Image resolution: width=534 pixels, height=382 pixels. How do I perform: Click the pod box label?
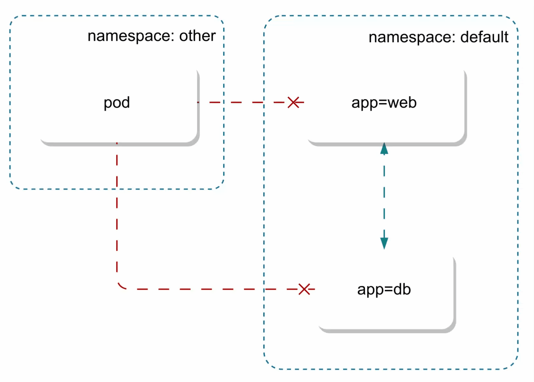[116, 103]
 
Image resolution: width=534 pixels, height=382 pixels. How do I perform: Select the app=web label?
[384, 103]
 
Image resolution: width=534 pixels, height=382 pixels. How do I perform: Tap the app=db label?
[384, 290]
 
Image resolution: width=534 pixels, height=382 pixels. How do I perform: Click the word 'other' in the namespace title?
[197, 36]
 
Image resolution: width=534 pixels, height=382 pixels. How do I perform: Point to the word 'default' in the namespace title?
[484, 37]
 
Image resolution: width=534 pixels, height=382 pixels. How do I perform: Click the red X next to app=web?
[293, 102]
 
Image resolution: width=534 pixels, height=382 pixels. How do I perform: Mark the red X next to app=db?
[304, 289]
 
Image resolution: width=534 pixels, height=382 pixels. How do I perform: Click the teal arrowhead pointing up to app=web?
[384, 149]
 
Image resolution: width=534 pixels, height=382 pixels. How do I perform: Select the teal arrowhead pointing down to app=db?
[384, 243]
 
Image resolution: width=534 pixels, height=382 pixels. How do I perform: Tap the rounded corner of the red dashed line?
[120, 286]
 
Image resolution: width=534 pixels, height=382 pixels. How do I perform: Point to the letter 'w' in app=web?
[394, 103]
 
